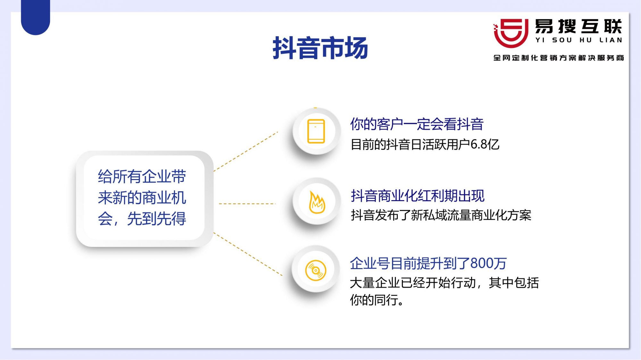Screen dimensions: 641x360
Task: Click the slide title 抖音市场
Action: [320, 48]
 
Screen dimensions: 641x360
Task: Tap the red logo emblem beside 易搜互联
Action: [511, 33]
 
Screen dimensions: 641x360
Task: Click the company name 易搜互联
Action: [579, 26]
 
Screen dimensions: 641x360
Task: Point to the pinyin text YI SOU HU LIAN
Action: [579, 40]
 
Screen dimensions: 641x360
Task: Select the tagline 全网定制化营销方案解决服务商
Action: [559, 58]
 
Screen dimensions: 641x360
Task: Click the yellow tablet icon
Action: [316, 131]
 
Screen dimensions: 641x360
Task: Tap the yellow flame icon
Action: [317, 202]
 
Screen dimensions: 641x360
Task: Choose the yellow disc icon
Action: [316, 270]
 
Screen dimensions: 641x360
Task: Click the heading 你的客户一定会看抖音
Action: [417, 124]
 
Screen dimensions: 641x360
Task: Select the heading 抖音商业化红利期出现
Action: [418, 195]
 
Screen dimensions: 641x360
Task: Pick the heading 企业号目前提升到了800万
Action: [428, 263]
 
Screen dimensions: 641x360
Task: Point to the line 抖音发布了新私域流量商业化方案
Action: [441, 215]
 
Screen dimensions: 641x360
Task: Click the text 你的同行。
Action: [377, 300]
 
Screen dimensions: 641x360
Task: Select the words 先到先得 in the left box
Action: [156, 219]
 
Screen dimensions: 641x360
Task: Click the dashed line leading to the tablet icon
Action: [246, 151]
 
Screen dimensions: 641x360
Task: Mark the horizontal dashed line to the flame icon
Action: [247, 204]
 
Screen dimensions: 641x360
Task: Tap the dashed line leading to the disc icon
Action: [248, 254]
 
